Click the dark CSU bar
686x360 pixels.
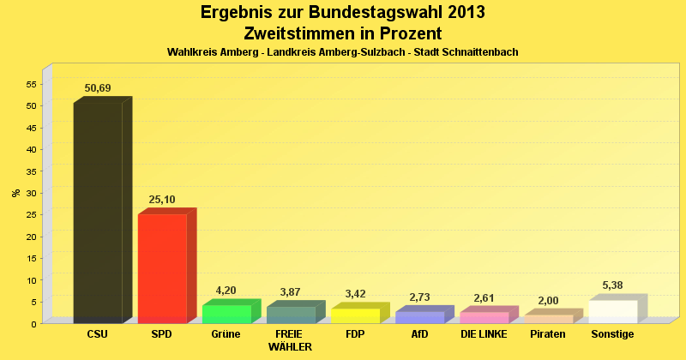pos(98,212)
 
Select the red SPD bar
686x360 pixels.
pos(162,267)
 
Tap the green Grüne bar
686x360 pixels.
pos(226,314)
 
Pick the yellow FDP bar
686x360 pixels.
pos(355,315)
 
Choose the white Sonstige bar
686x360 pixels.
pos(613,311)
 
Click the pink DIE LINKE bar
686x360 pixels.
pos(484,317)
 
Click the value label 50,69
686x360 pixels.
pos(98,88)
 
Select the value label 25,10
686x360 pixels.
pos(162,200)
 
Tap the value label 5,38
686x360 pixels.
pos(613,285)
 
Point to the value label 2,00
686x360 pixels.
pos(548,301)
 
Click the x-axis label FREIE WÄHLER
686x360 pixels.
pos(290,340)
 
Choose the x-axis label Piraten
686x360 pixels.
pos(548,334)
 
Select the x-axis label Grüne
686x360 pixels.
pos(226,334)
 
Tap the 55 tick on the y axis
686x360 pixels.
pos(31,84)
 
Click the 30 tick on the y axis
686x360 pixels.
pos(31,193)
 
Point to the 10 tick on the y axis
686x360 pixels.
pos(31,280)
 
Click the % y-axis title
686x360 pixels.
pos(15,193)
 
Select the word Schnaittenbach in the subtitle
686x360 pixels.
pos(478,52)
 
